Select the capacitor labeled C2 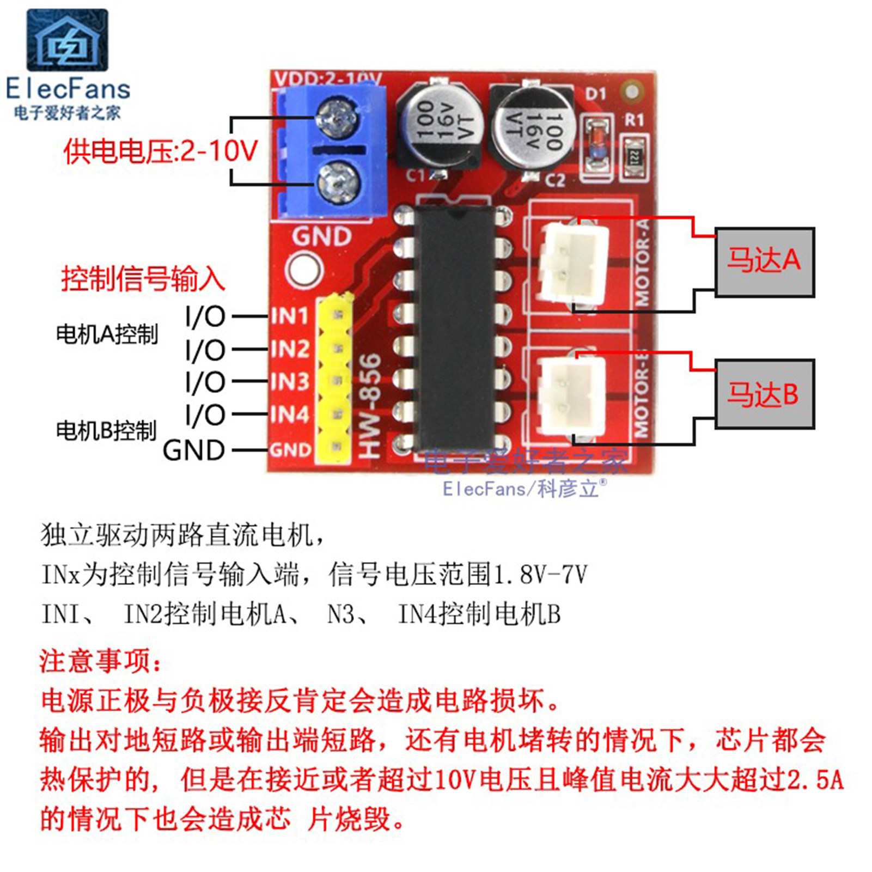pos(532,129)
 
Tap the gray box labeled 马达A pos(764,262)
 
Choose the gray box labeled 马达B pos(764,394)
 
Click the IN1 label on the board pos(290,316)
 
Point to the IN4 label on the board pos(290,414)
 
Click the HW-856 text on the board pos(370,406)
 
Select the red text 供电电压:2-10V pos(160,151)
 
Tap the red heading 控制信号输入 pos(143,279)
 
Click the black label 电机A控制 pos(107,334)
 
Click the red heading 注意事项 pos(100,661)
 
